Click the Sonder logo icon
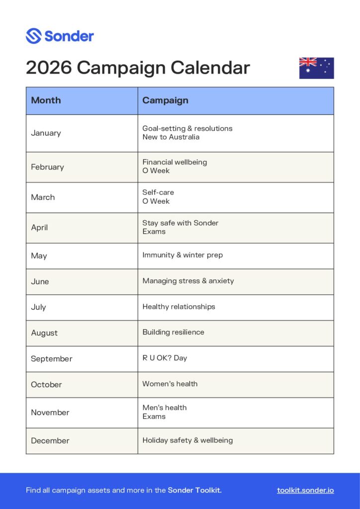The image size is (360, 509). pos(33,36)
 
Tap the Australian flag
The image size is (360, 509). pos(316,68)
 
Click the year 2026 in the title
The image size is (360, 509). pos(49,68)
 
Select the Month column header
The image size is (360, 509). pos(46,100)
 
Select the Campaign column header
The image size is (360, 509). pos(165,100)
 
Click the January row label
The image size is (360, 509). pos(46,133)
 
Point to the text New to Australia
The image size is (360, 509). pos(171,137)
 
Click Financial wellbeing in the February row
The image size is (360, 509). pos(175,162)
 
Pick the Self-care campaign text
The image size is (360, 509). pos(158,192)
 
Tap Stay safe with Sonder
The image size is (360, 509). pos(180,223)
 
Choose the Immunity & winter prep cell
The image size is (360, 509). pos(182,255)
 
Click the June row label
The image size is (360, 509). pos(40,281)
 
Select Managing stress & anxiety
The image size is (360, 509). pos(188,281)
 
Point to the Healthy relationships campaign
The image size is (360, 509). pos(179,307)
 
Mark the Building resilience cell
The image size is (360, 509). pos(173,332)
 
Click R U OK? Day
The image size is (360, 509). pos(165,358)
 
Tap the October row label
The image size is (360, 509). pos(46,384)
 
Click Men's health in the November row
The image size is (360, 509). pos(165,408)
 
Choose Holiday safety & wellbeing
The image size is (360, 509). pos(187,440)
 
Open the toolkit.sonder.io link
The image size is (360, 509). pos(305,490)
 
